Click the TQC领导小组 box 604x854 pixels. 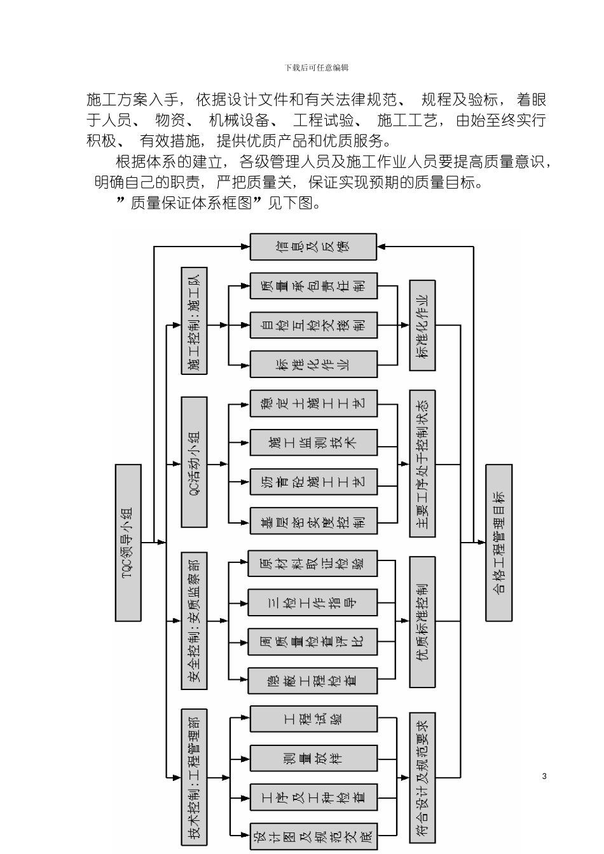(128, 542)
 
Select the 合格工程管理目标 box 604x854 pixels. (498, 542)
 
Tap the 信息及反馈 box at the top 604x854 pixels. (313, 247)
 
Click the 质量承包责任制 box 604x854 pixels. (313, 286)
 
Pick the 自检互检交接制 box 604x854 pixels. (313, 325)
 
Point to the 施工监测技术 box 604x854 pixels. (313, 442)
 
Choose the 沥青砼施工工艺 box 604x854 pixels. (313, 481)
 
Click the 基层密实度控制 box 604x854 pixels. (313, 521)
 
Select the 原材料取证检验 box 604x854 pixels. (312, 564)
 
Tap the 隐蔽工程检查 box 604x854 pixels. (312, 680)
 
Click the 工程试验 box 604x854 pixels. (313, 719)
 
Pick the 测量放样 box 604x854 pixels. (313, 758)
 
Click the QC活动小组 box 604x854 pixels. (194, 462)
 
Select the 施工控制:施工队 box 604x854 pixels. (194, 321)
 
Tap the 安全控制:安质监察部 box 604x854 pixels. (194, 621)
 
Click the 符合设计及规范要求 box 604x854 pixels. (422, 778)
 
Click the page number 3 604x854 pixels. (544, 776)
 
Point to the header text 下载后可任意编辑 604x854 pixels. (316, 67)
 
